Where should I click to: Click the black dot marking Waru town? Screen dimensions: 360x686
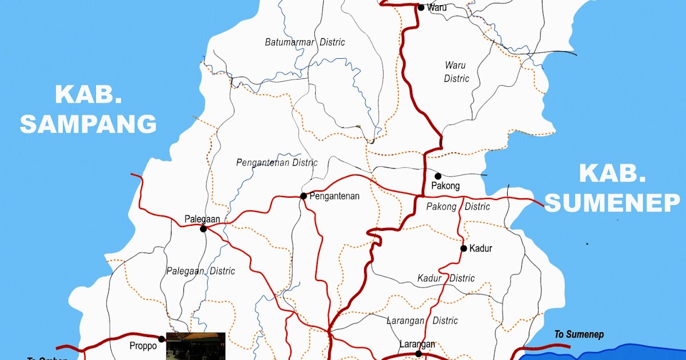[x=421, y=7]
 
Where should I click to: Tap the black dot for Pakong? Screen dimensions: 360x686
[x=438, y=176]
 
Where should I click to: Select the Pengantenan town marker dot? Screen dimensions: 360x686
[x=304, y=196]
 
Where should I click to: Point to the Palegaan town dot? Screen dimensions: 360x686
[x=203, y=229]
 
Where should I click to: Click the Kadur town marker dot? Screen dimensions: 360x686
[x=464, y=249]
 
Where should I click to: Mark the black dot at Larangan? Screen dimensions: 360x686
[x=418, y=354]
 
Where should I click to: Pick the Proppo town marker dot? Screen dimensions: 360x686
[x=162, y=339]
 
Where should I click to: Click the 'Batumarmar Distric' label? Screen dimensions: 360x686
[x=305, y=42]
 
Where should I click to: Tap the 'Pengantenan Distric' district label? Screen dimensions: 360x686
[x=277, y=162]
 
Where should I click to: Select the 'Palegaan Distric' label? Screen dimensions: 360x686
[x=200, y=271]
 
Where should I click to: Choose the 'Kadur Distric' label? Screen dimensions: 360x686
[x=446, y=278]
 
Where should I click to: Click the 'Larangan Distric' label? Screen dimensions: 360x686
[x=422, y=321]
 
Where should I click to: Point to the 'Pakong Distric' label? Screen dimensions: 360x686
[x=458, y=206]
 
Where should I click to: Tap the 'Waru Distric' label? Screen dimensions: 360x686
[x=456, y=71]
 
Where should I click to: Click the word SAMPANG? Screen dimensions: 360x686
[x=88, y=123]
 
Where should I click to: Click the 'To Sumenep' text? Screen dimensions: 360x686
[x=579, y=334]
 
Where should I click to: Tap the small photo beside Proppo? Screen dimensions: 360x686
[x=196, y=346]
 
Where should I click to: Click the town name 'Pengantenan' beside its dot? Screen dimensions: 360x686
[x=334, y=196]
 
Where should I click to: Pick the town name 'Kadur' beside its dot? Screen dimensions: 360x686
[x=480, y=249]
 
